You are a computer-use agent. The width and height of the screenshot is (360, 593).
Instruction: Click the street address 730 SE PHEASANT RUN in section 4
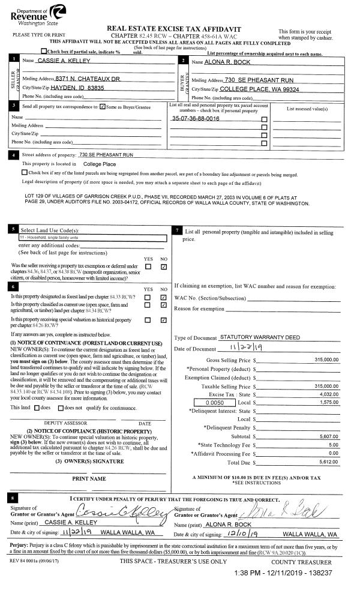pos(106,155)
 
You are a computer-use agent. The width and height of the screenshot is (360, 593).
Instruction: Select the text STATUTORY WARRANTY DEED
pos(260,337)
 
